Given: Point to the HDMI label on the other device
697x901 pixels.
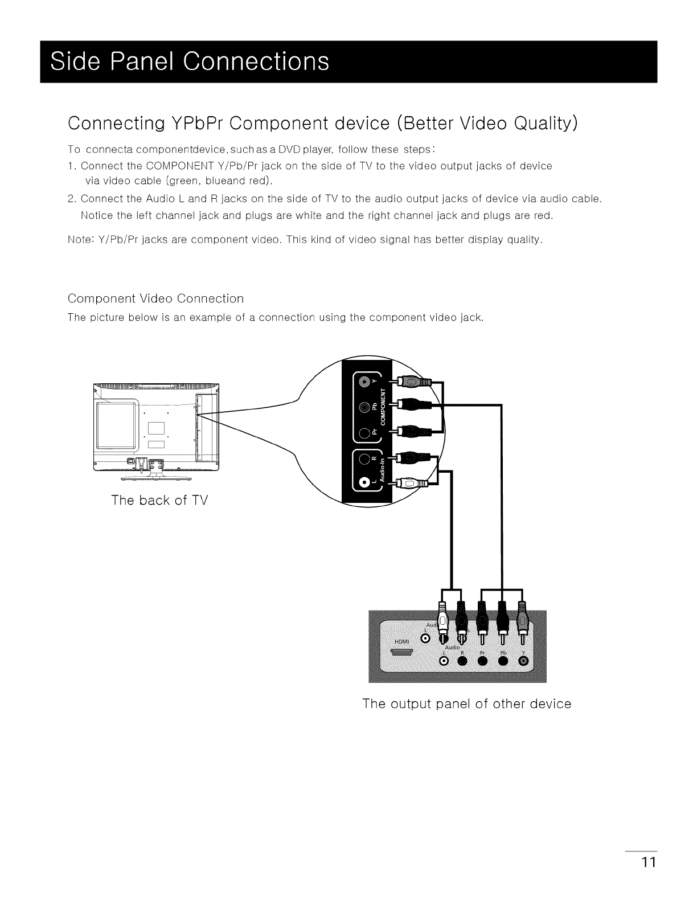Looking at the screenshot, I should click(x=402, y=641).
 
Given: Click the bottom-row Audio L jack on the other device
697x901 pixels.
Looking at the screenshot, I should click(x=444, y=661).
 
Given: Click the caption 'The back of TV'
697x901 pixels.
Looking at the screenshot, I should click(x=159, y=501).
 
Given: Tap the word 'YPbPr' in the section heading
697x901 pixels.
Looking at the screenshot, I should click(x=197, y=123).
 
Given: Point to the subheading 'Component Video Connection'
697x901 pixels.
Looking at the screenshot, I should click(x=155, y=298).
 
